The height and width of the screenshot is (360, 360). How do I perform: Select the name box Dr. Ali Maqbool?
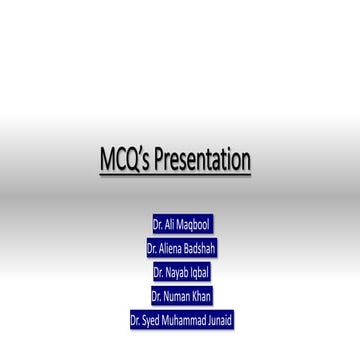click(x=181, y=225)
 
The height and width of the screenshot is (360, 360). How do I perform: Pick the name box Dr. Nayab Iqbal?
click(x=181, y=272)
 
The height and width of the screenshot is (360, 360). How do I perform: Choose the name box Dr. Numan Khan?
click(x=181, y=296)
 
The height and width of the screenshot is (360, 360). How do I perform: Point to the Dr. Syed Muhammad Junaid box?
click(x=181, y=320)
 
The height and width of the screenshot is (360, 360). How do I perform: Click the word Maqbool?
click(x=193, y=225)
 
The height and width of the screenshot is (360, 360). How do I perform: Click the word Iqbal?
click(x=198, y=272)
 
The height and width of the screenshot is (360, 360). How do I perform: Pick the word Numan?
click(x=177, y=296)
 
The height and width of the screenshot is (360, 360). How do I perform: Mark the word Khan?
click(x=200, y=296)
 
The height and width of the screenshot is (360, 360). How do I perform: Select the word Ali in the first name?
click(x=170, y=225)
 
